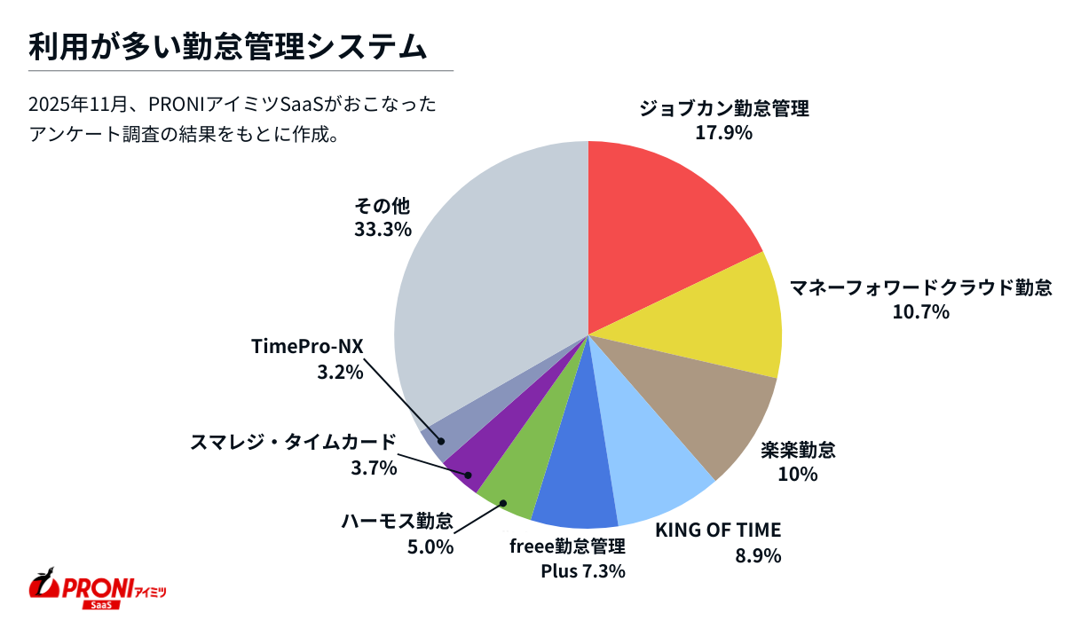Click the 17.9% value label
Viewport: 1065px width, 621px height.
[x=724, y=133]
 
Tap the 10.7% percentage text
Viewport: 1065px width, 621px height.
[x=920, y=311]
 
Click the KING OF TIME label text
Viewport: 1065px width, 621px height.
[x=718, y=531]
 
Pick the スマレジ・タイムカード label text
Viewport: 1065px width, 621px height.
[x=292, y=442]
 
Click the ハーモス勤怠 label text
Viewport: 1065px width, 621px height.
[x=397, y=521]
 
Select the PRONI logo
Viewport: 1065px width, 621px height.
[x=98, y=589]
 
